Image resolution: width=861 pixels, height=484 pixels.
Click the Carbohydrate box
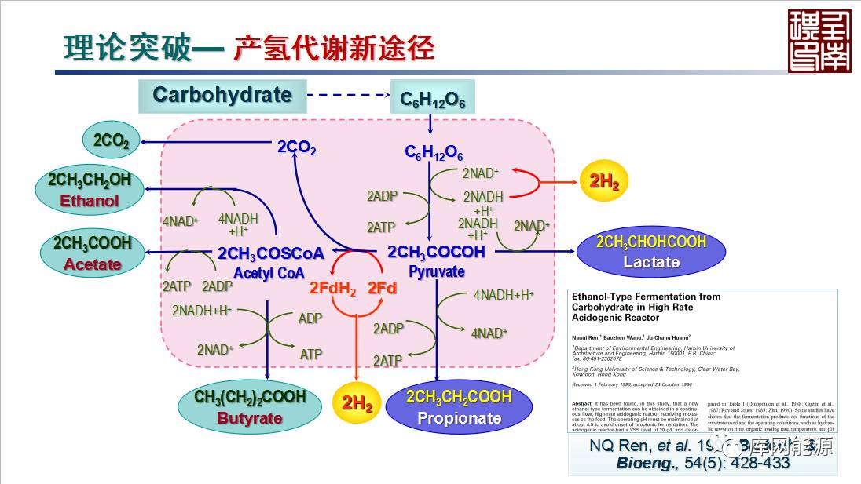[222, 96]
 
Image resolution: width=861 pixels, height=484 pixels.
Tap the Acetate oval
[93, 253]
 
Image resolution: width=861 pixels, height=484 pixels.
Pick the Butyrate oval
[250, 406]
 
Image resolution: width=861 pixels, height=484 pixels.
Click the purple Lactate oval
[650, 252]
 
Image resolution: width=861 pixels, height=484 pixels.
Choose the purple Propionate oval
[459, 406]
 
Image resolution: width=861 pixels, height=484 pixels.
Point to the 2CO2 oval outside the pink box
[111, 140]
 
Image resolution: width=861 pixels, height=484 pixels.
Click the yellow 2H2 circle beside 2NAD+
[604, 182]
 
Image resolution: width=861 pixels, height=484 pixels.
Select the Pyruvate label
[436, 272]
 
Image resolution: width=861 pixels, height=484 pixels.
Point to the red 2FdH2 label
[332, 289]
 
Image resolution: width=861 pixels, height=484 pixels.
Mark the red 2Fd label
[382, 288]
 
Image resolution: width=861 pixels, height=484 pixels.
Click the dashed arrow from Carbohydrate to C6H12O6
[348, 96]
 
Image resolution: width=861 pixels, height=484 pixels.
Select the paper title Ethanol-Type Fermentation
[646, 307]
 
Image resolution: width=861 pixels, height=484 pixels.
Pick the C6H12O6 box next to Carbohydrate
[433, 100]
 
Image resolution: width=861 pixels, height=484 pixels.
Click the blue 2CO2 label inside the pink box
[296, 147]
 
